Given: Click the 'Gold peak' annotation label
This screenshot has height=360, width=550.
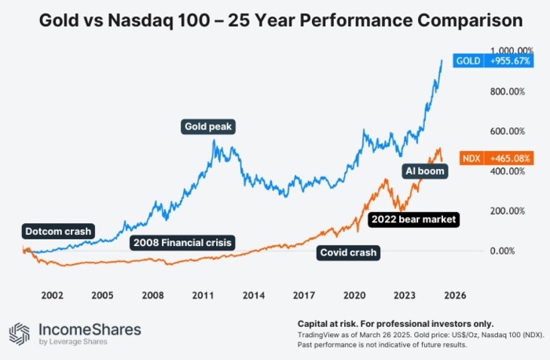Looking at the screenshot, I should tap(209, 126).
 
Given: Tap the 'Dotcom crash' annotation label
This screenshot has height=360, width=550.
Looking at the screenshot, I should tap(58, 231).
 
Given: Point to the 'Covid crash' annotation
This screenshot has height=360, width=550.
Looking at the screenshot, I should tap(348, 252).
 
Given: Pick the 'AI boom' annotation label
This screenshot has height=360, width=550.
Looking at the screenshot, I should tap(424, 171).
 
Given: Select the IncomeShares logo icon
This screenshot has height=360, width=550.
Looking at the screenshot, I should tap(19, 333).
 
